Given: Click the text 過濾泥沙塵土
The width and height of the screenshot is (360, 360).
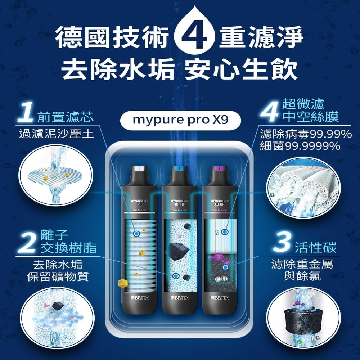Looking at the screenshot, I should coord(56,134).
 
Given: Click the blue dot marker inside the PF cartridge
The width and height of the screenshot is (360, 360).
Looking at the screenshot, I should coord(136,234).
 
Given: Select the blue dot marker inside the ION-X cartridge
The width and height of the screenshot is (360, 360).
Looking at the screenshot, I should coord(175,276).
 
